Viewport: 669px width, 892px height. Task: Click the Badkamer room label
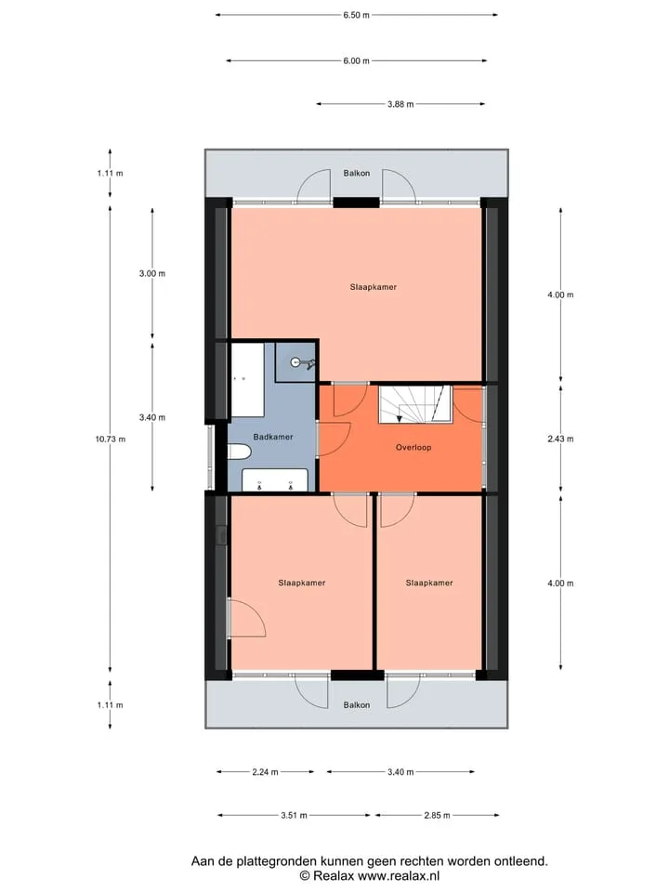tap(273, 437)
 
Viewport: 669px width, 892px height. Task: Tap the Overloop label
tap(413, 447)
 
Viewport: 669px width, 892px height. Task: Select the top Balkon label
tap(357, 173)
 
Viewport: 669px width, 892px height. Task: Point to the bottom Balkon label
tap(357, 705)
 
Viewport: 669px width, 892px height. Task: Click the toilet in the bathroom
tap(239, 453)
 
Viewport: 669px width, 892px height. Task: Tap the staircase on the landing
tap(415, 404)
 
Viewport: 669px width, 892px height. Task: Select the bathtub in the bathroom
tap(247, 379)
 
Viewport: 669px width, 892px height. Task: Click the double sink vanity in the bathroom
tap(275, 480)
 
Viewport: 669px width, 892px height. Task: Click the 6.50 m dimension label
tap(356, 15)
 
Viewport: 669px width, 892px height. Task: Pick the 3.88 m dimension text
tap(400, 104)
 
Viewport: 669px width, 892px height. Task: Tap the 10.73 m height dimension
tap(111, 439)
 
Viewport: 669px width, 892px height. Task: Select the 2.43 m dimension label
tap(560, 439)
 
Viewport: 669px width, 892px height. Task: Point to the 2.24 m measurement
tap(265, 772)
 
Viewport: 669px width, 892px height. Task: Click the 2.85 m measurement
tap(437, 815)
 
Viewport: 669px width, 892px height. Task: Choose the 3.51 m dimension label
tap(294, 815)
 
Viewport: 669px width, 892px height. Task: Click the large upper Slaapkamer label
tap(374, 287)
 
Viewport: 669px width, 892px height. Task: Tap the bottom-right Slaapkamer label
tap(429, 583)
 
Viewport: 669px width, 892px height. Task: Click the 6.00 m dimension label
tap(356, 61)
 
